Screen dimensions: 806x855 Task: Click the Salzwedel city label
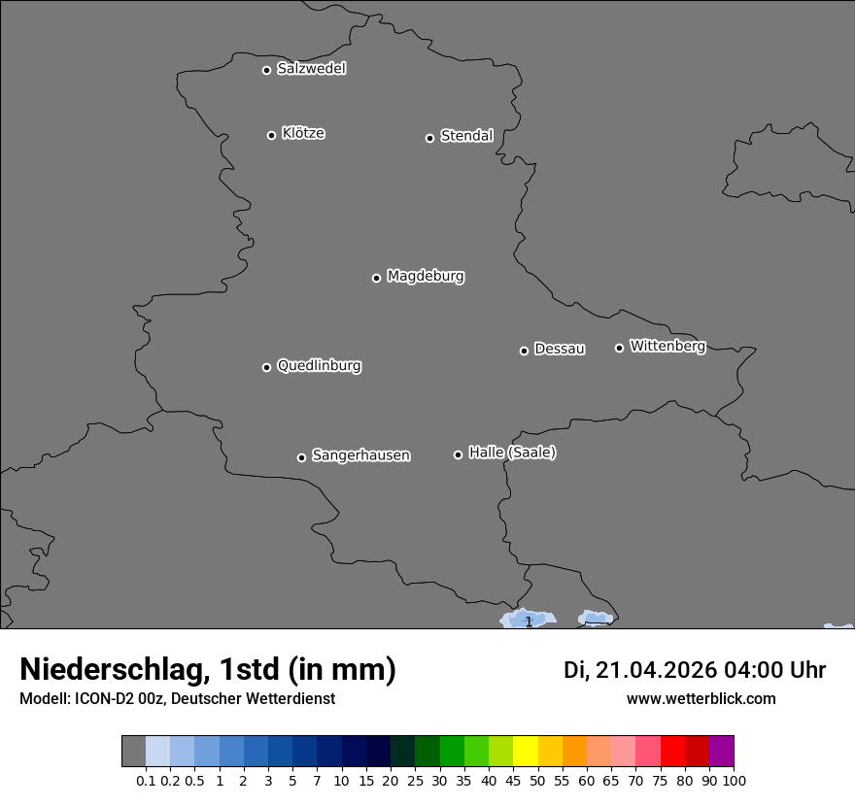311,69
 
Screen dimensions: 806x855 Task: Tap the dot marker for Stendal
429,138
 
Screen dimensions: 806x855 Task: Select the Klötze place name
303,134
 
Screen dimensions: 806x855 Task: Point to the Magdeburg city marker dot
376,279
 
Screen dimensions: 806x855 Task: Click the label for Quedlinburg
319,366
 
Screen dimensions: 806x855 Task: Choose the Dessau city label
560,350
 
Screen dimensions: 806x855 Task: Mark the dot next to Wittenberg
619,348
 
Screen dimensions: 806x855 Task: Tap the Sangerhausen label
360,455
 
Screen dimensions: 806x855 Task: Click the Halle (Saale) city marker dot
458,454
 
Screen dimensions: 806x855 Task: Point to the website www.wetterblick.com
701,698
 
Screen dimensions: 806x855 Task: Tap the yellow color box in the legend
526,752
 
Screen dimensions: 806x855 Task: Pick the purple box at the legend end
722,752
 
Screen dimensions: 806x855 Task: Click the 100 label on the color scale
735,780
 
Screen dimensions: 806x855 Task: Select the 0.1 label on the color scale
146,780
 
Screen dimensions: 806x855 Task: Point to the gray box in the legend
134,752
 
